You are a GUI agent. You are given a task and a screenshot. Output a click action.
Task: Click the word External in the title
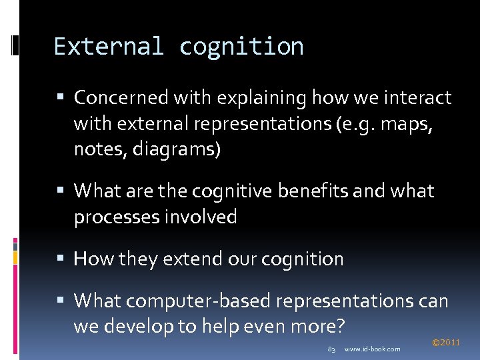[108, 47]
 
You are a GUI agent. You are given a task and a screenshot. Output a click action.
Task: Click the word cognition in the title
[241, 47]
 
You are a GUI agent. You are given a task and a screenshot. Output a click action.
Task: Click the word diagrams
[177, 150]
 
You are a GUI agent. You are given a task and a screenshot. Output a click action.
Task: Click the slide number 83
[331, 349]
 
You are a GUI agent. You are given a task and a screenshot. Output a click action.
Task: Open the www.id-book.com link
[372, 349]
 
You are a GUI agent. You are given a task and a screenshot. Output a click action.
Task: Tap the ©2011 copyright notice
[446, 343]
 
